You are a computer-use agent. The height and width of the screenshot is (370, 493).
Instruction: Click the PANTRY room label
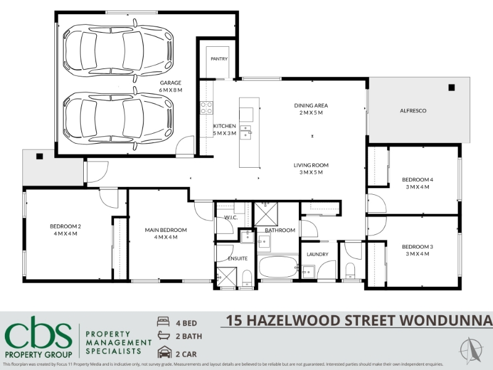[x=219, y=59]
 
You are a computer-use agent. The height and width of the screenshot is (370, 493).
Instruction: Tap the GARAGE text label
[x=171, y=83]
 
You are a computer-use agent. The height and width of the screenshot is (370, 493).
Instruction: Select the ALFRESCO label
[x=413, y=111]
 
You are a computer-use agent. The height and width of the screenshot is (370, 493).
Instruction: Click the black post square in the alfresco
[x=452, y=88]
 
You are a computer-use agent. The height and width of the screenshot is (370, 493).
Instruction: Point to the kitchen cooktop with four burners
[x=206, y=107]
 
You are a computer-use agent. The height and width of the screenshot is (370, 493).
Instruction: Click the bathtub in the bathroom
[x=278, y=267]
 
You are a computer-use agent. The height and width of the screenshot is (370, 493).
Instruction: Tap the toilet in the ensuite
[x=247, y=278]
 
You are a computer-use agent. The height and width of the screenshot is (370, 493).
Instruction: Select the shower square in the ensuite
[x=226, y=277]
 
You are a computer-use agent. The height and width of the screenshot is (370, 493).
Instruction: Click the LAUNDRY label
[x=317, y=254]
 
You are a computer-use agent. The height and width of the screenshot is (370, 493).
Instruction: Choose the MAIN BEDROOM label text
[x=166, y=230]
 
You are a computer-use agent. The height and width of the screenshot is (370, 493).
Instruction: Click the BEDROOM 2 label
[x=65, y=226]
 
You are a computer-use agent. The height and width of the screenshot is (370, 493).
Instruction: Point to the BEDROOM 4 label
[x=418, y=179]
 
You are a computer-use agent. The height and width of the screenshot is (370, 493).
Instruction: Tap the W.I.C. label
[x=230, y=218]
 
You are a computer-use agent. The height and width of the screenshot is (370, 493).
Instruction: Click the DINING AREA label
[x=311, y=105]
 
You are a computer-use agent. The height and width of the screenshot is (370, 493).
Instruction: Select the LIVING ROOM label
[x=311, y=165]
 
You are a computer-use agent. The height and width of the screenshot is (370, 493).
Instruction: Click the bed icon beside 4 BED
[x=163, y=321]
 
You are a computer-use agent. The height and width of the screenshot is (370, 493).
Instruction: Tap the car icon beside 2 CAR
[x=165, y=352]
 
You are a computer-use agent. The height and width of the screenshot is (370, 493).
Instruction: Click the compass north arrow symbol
[x=471, y=350]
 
